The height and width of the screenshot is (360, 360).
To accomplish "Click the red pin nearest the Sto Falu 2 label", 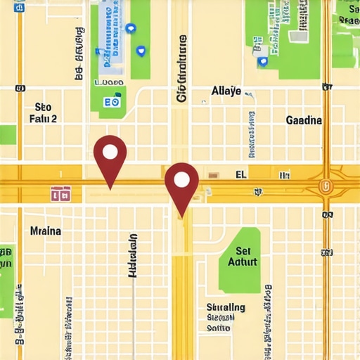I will (110, 153).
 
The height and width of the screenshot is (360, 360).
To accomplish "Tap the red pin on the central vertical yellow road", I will (181, 181).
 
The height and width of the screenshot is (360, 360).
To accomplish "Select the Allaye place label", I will (226, 91).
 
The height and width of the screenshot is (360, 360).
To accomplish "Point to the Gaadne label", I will (304, 120).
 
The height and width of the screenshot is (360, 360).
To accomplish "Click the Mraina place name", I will (46, 231).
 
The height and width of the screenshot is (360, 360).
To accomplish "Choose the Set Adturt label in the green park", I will (243, 256).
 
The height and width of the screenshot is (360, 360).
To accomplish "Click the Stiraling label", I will (226, 307).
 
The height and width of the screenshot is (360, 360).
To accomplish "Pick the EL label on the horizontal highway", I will (240, 174).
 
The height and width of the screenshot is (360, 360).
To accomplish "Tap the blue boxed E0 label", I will (111, 102).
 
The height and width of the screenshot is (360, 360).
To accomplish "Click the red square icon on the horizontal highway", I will (60, 192).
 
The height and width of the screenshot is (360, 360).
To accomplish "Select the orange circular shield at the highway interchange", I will (324, 186).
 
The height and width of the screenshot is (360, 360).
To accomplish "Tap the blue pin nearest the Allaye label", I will (263, 62).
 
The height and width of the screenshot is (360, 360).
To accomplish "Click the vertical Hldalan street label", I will (132, 256).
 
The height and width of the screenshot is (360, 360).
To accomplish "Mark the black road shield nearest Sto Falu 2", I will (19, 88).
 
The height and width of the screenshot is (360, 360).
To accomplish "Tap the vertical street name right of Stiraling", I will (267, 309).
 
